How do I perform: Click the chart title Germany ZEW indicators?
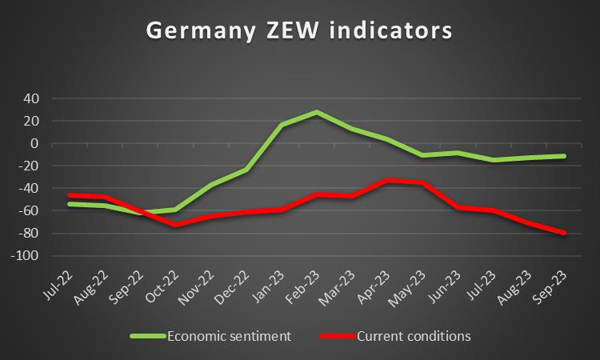[x=299, y=30]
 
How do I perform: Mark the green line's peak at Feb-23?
[x=318, y=112]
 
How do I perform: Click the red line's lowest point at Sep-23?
[x=565, y=233]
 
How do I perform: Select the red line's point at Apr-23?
[x=388, y=180]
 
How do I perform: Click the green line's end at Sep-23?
[x=565, y=156]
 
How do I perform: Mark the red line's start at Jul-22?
[x=70, y=195]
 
